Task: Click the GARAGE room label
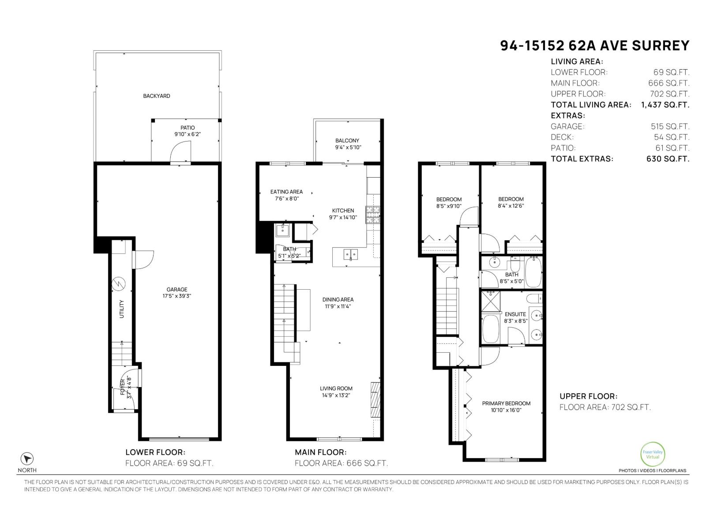[x=176, y=290]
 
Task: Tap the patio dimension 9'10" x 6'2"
[x=188, y=134]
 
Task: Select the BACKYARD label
[x=156, y=96]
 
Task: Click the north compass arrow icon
[x=27, y=458]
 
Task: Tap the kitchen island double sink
[x=351, y=254]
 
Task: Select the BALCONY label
[x=347, y=141]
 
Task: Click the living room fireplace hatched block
[x=375, y=399]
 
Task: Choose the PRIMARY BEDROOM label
[x=506, y=403]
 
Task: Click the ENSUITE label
[x=515, y=314]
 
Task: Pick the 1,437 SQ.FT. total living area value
[x=665, y=104]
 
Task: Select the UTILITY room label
[x=122, y=309]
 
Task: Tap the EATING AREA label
[x=286, y=192]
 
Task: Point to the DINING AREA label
[x=338, y=299]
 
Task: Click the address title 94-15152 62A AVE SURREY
[x=594, y=46]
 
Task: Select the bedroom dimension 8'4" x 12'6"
[x=511, y=205]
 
